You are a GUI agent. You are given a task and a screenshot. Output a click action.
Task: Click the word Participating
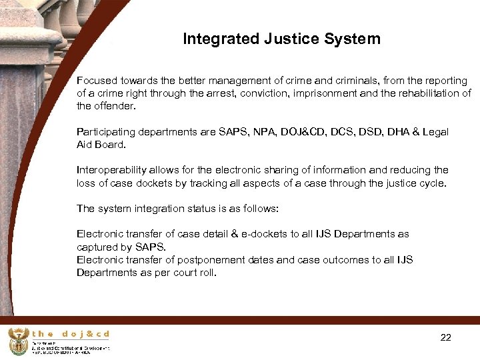(106, 132)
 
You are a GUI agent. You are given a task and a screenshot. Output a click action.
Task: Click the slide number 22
(446, 337)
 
